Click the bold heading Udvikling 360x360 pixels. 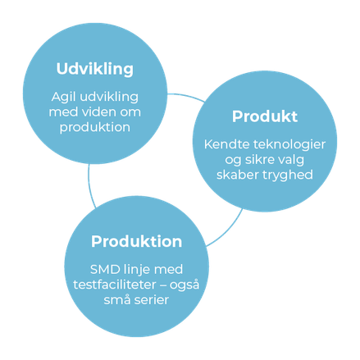(x=95, y=69)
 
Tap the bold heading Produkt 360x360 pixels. (x=265, y=116)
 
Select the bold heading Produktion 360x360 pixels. (x=136, y=241)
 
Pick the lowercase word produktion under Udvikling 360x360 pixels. (x=95, y=128)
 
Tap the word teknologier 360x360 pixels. (x=289, y=145)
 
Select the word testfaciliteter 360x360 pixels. (x=115, y=285)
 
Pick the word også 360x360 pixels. (x=185, y=285)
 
